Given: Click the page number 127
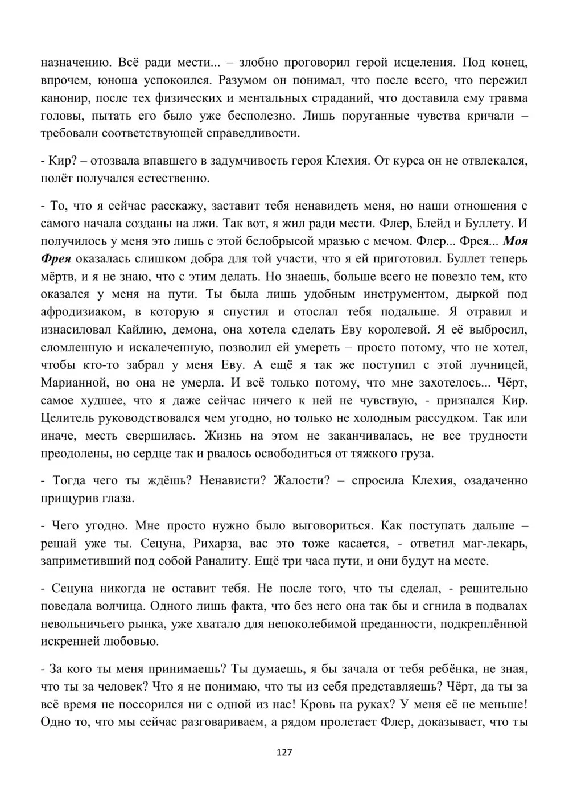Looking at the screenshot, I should click(284, 752).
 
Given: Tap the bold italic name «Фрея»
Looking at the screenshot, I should click(56, 259).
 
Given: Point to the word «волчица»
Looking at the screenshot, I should click(157, 606).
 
